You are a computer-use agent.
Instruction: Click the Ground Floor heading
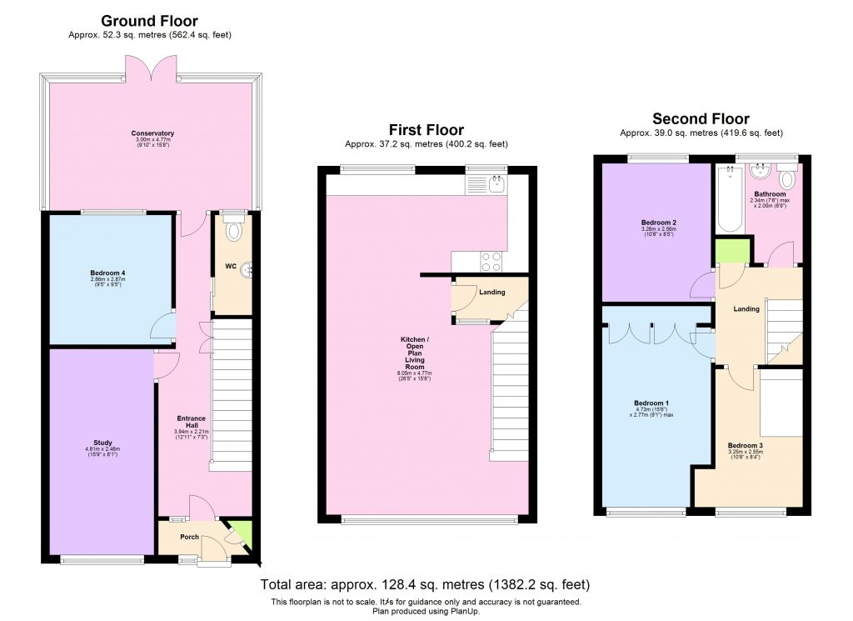pos(150,20)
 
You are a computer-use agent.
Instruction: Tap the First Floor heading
pos(426,129)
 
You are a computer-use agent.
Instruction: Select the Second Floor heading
pos(701,118)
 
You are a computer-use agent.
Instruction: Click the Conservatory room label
pos(152,133)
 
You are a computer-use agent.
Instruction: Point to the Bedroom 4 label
pos(107,273)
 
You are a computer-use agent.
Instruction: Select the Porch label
pos(189,537)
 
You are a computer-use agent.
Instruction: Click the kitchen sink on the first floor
pos(497,183)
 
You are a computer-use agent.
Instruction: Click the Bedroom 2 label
pos(657,223)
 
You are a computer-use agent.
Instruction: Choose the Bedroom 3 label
pos(744,445)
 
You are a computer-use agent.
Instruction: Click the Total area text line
pos(426,584)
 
